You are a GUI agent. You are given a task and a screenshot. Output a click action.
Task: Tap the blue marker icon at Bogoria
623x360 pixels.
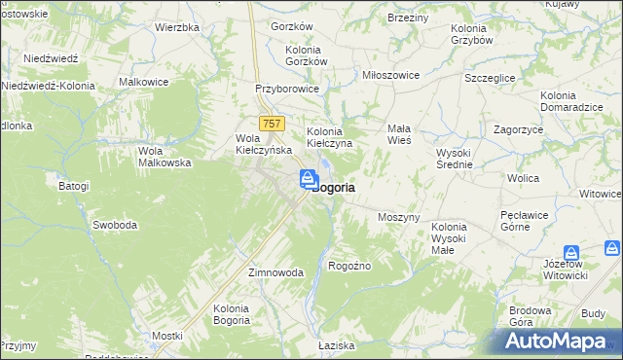pos(308,179)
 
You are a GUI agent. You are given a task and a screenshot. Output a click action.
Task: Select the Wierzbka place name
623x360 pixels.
pos(177,27)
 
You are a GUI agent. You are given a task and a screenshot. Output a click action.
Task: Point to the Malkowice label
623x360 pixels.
pos(144,83)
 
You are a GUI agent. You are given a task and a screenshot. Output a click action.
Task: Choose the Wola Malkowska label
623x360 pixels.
pos(164,157)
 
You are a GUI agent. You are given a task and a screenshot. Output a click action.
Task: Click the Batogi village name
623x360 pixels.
pos(73,186)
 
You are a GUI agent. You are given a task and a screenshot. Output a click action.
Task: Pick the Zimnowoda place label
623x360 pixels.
pos(276,273)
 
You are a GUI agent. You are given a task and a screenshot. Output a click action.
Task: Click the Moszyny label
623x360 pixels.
pos(398,217)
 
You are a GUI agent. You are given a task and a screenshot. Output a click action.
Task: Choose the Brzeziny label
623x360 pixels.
pos(408,18)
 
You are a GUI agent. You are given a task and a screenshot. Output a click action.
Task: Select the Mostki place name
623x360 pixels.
pos(166,336)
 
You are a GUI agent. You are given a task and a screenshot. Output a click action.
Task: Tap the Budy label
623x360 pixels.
pos(593,313)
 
